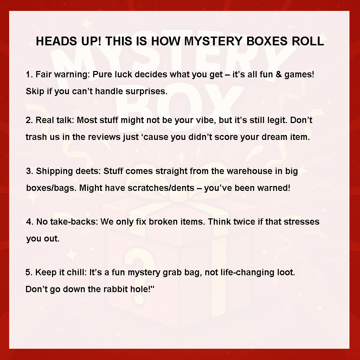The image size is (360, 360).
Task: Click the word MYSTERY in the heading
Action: [213, 41]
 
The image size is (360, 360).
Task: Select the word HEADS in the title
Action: [57, 41]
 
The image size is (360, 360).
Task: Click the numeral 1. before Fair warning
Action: [30, 75]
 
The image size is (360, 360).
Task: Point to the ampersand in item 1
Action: [279, 75]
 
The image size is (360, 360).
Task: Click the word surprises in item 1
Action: [147, 92]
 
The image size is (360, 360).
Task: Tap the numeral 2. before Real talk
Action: [30, 120]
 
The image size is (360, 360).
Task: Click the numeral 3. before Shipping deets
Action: [30, 171]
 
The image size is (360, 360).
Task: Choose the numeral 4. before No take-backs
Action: [30, 222]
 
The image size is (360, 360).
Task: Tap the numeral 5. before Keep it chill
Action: [29, 272]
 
